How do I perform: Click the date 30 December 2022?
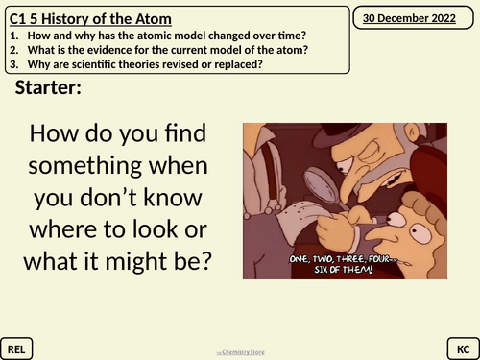coord(415,16)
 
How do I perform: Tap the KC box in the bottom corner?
coord(461,346)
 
